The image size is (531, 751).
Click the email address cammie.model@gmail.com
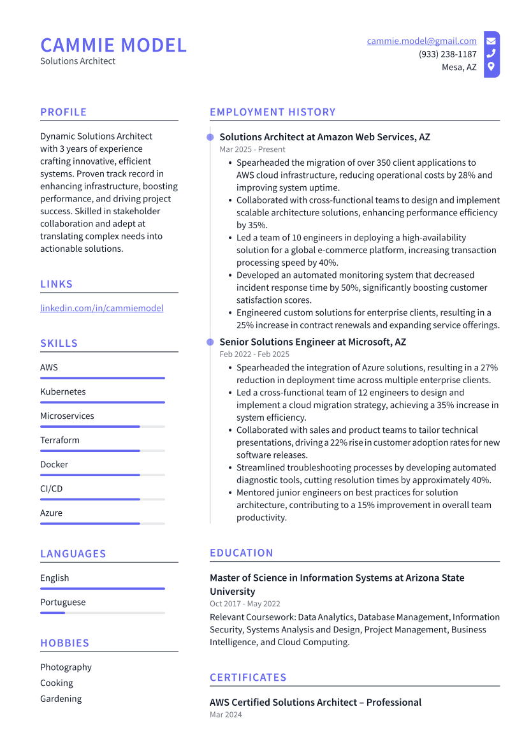[x=421, y=41]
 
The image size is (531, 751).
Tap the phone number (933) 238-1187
[x=447, y=54]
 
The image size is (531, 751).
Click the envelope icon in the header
[x=491, y=41]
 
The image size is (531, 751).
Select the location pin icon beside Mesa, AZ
[x=491, y=66]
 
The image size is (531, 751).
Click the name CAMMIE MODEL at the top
[x=113, y=45]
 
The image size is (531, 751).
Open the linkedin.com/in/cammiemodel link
[x=101, y=308]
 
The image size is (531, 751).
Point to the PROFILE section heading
[x=63, y=112]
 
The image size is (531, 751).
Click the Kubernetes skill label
[x=62, y=391]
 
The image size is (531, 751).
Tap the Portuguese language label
[x=62, y=602]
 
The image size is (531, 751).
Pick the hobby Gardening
[x=61, y=699]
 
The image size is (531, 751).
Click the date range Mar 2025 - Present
[x=252, y=149]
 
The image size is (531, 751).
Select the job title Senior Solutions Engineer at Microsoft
[x=312, y=342]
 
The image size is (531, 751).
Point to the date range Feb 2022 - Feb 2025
[x=254, y=354]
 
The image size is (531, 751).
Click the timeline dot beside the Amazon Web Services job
[x=210, y=137]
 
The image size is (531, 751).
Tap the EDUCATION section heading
[x=241, y=553]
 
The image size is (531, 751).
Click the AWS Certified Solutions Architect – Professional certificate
[x=316, y=702]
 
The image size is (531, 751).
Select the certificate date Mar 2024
[x=226, y=715]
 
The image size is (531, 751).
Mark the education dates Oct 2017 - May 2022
[x=245, y=604]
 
